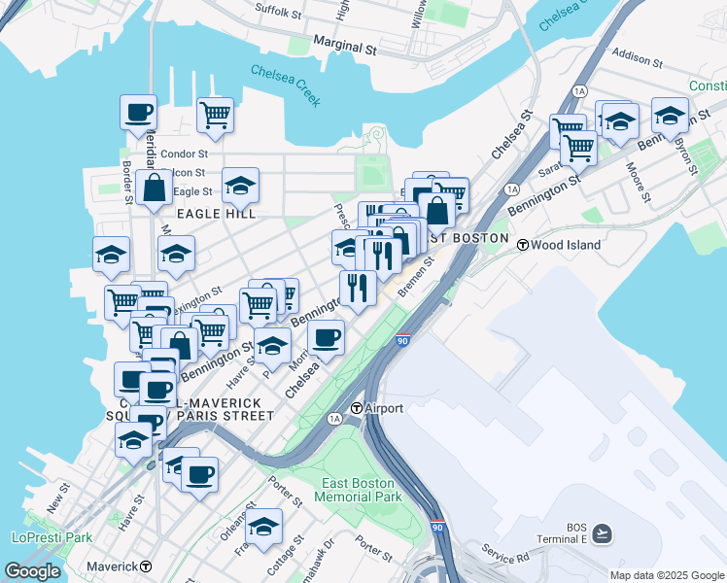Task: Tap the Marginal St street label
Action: (344, 45)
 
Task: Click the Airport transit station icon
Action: (357, 408)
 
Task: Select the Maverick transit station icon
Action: (145, 566)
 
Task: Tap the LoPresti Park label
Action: (51, 536)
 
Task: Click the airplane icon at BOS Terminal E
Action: (603, 532)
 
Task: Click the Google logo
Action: (32, 571)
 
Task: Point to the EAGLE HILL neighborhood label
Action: (215, 213)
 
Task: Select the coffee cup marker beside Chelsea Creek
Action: (138, 112)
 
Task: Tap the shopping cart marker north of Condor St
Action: (215, 116)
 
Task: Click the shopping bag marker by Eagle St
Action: (155, 188)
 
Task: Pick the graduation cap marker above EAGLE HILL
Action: (240, 185)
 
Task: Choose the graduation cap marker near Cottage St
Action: (262, 526)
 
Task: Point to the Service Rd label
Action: (504, 558)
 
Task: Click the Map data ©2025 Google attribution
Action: (667, 574)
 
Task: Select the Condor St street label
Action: (184, 154)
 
